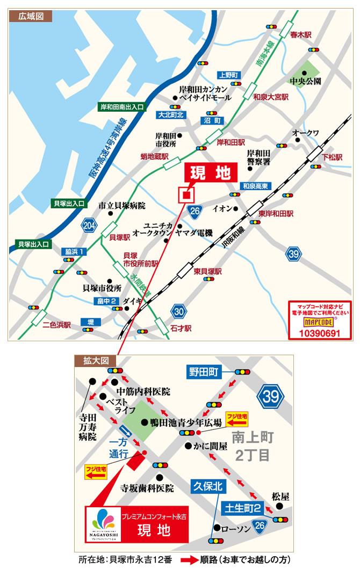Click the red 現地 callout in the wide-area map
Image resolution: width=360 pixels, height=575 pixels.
click(x=210, y=173)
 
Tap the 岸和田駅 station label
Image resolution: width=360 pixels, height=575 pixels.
click(x=231, y=143)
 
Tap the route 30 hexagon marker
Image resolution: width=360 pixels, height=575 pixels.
click(x=179, y=311)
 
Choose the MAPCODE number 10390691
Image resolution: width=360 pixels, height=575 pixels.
click(x=319, y=333)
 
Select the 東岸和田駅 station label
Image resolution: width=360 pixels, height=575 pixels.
click(x=276, y=213)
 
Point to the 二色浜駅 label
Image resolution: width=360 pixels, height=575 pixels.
click(x=57, y=325)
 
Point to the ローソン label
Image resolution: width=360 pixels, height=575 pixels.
click(x=236, y=529)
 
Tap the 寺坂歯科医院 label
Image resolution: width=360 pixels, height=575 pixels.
click(x=147, y=488)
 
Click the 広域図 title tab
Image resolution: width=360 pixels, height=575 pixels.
click(x=31, y=16)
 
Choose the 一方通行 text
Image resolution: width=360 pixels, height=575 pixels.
click(x=119, y=446)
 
